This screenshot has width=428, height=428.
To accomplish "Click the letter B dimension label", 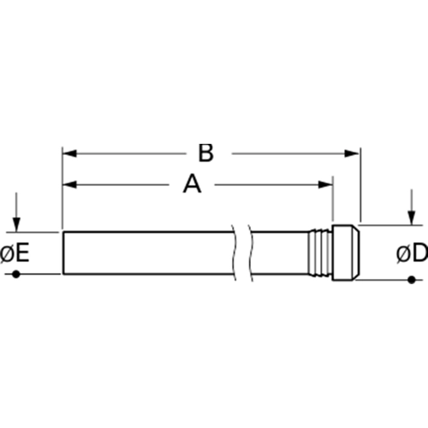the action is [205, 153].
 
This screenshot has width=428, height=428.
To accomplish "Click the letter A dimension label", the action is [192, 185].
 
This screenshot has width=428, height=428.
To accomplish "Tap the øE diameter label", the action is [15, 253].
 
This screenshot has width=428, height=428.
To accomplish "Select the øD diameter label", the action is [413, 253].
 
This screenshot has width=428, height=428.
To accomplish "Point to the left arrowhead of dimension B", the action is [69, 153].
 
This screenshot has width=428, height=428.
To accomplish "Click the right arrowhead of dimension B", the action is [352, 153].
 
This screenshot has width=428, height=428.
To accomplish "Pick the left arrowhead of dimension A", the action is [69, 185].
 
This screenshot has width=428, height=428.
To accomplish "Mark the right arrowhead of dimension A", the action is [325, 185].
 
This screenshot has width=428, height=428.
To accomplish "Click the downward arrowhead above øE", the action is [16, 224].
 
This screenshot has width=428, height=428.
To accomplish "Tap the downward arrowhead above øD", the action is [411, 217].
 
